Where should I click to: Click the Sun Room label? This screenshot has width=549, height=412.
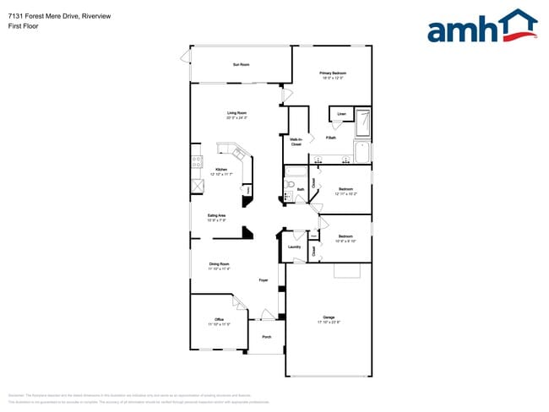coord(241,65)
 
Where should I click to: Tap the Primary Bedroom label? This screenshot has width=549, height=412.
coord(333,73)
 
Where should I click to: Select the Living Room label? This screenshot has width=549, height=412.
coord(236,113)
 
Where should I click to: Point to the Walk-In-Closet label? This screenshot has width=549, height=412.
coord(296,141)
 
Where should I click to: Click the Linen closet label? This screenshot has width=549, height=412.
coord(341,113)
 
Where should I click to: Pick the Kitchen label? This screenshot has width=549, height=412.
coord(221,170)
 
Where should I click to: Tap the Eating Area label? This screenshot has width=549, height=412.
coord(216,215)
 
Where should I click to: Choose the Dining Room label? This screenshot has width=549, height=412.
coord(220,265)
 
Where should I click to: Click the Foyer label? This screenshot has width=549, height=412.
coord(264,279)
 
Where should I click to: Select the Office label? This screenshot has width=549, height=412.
coord(219,319)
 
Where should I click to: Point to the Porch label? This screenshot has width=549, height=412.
coord(266,337)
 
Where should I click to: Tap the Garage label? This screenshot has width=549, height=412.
coord(329,317)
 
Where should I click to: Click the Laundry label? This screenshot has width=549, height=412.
coord(294,247)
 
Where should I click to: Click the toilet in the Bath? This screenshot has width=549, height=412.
coord(287,198)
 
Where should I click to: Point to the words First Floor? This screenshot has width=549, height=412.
coord(23,26)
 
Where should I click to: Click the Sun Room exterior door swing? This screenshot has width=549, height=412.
coord(185,57)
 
